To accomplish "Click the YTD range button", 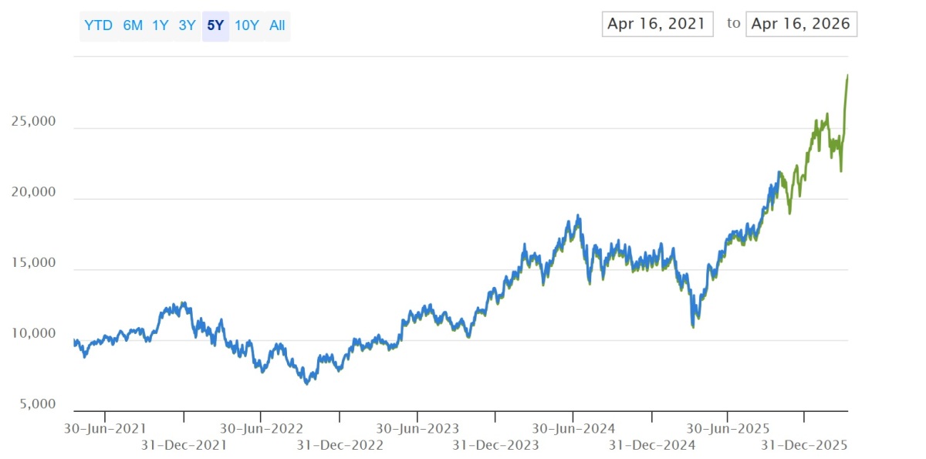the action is click(x=99, y=25).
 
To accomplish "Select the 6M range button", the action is click(x=133, y=25).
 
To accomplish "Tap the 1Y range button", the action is click(x=161, y=25).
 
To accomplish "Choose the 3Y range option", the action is click(x=187, y=25).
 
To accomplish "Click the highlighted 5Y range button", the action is click(x=215, y=25).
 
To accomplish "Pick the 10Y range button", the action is click(x=247, y=25).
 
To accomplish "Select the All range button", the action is click(x=277, y=25).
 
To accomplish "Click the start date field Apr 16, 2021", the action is click(x=657, y=24).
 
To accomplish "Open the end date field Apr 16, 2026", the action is click(x=801, y=24).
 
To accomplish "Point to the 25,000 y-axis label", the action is click(x=33, y=121).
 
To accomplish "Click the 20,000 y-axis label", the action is click(x=33, y=191).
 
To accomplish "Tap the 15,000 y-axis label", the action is click(x=33, y=262).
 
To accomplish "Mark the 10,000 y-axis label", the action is click(x=33, y=333).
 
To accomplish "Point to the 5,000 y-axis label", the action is click(x=38, y=403).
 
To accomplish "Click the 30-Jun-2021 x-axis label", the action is click(x=105, y=428).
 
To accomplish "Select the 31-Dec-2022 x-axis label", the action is click(x=340, y=445).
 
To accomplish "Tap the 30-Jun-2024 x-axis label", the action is click(x=573, y=428).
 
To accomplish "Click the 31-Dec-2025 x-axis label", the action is click(x=804, y=445).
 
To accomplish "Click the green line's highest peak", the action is click(x=847, y=75).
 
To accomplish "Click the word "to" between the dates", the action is click(x=733, y=23).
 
